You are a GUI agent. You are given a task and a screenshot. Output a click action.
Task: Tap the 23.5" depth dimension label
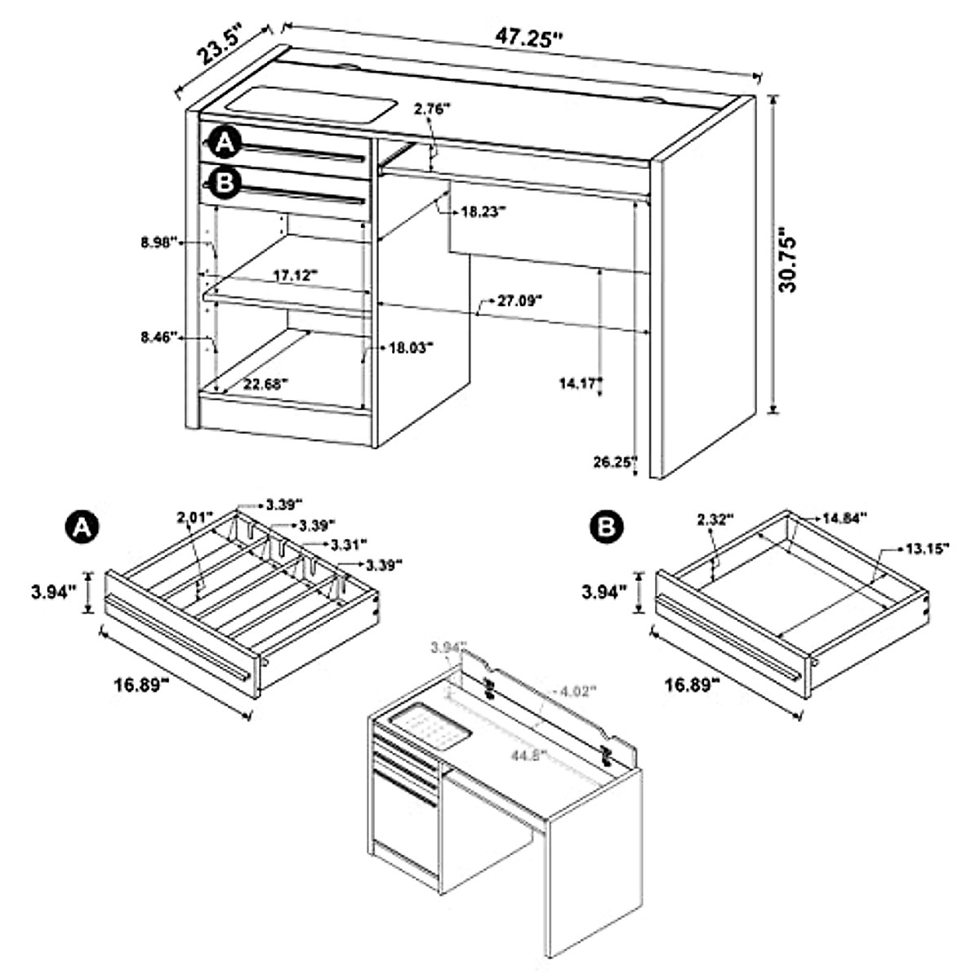pos(219,50)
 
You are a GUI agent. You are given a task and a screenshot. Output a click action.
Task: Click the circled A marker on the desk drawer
pos(223,144)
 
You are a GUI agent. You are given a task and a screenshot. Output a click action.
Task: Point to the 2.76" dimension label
pos(433,109)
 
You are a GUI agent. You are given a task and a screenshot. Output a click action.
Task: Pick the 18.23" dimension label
pos(483,211)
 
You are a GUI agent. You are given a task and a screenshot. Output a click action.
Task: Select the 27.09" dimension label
pos(519,301)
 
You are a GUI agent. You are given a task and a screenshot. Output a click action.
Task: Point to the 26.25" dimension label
pos(615,461)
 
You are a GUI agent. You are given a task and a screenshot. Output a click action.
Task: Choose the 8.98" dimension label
pos(159,243)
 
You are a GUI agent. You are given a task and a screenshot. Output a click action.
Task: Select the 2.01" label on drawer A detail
pos(194,517)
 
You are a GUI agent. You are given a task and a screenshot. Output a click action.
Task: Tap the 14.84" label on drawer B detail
pos(844,517)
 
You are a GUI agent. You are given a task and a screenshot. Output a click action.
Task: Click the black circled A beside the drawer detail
pos(82,527)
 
